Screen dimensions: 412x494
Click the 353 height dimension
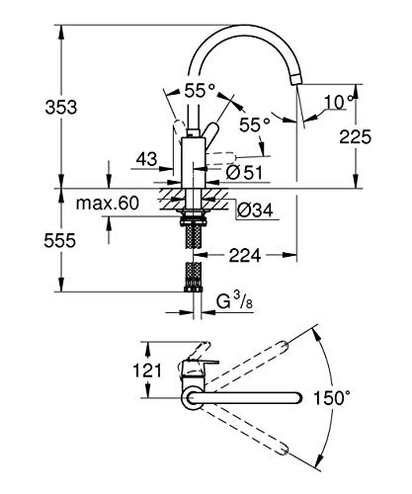pos(61,108)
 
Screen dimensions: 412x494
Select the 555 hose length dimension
pos(60,240)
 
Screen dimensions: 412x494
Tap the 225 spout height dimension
pos(356,136)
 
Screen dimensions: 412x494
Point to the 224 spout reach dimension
pos(245,255)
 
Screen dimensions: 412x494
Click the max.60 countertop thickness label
pos(108,204)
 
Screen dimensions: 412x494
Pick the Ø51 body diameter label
pos(244,172)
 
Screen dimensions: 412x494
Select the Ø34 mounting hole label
pos(255,209)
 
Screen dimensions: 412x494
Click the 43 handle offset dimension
pos(147,159)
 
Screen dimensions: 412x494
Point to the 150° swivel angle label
pos(331,397)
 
